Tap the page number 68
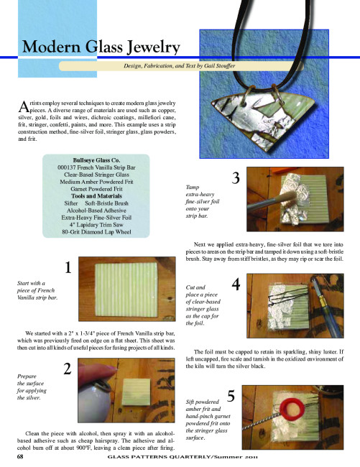pos(20,456)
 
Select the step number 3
pos(236,178)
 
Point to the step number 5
pos(231,396)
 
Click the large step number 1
pos(68,267)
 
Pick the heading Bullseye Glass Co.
pos(96,160)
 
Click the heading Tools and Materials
pos(96,196)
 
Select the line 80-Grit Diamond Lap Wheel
pos(96,232)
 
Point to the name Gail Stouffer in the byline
pos(219,66)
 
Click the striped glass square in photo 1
pos(126,290)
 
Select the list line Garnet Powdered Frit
pos(96,189)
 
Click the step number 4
pos(236,285)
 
